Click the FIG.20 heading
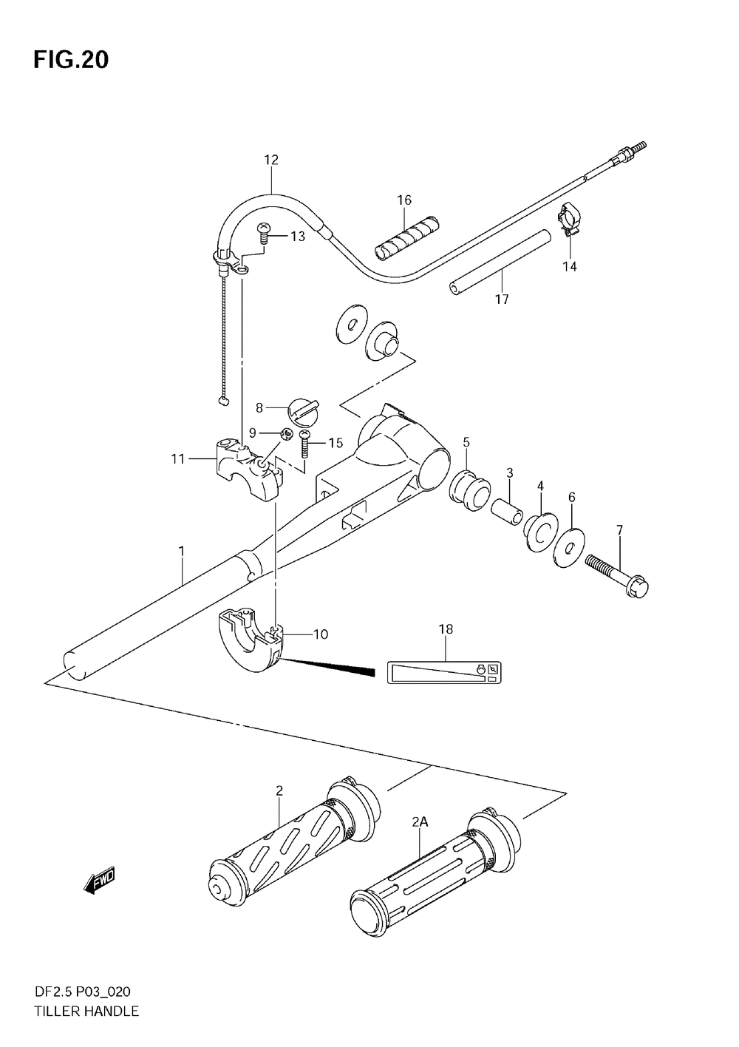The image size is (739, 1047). coord(70,60)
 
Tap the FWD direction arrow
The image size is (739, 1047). coord(99,880)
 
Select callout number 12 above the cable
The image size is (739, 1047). coord(271,160)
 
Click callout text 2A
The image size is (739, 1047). coord(420,821)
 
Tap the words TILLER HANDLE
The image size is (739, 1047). coord(86,1011)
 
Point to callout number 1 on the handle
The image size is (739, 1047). coord(182,552)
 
